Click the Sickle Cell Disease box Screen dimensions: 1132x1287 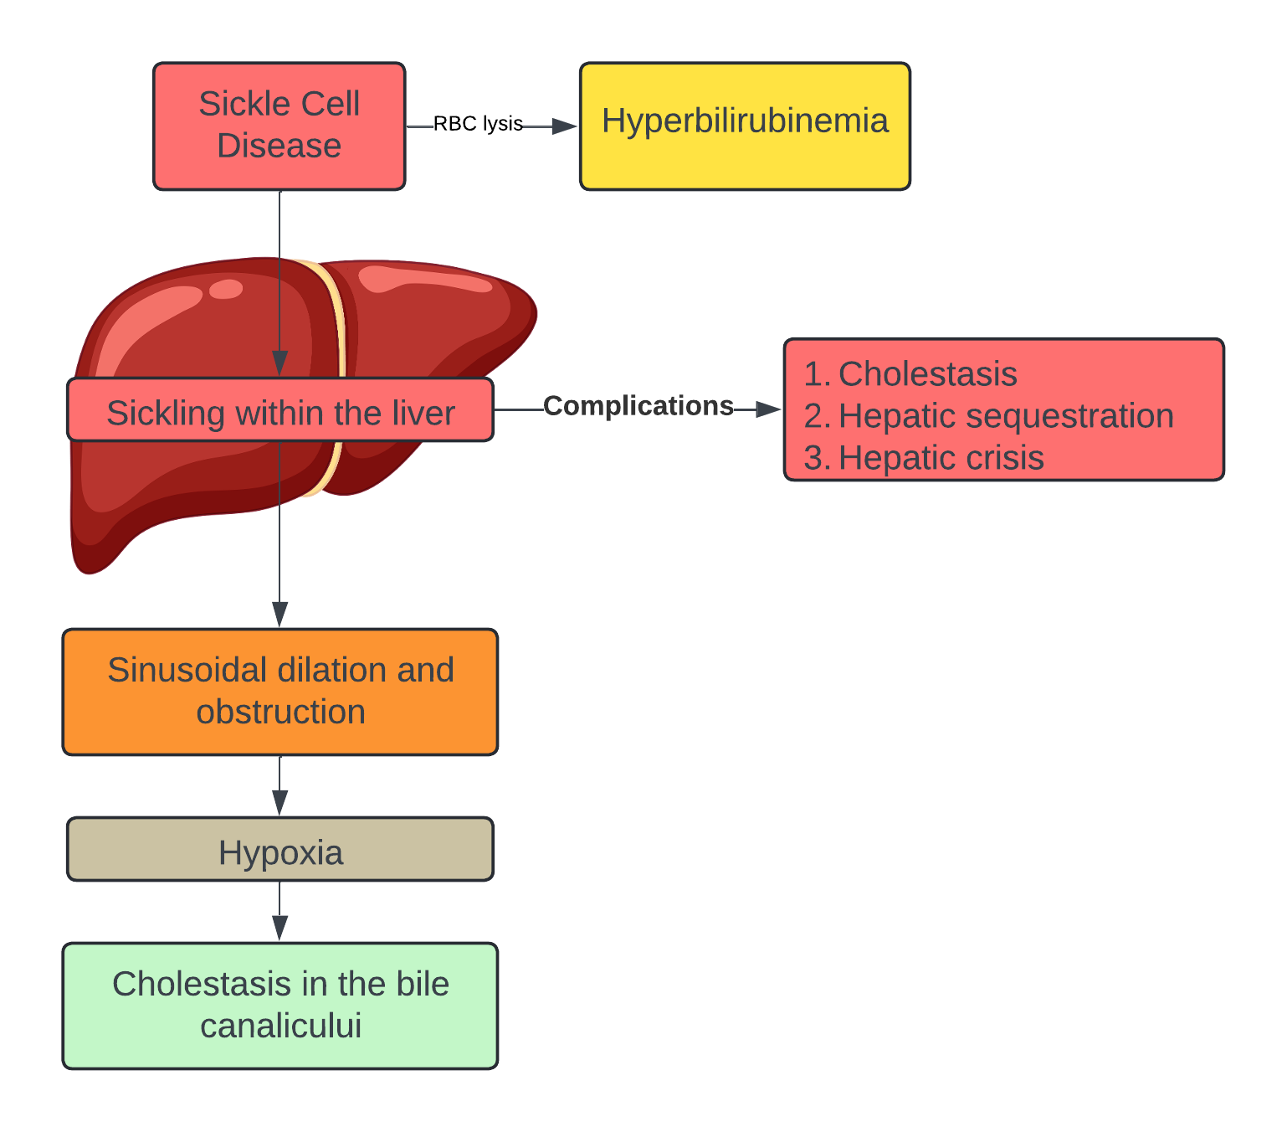coord(279,126)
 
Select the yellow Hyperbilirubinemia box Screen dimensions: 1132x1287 coord(745,126)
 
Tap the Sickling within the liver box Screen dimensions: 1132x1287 coord(280,410)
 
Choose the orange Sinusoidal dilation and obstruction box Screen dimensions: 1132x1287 coord(280,692)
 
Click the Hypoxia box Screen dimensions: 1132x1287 coord(280,850)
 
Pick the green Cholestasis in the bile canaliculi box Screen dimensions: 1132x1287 coord(280,1006)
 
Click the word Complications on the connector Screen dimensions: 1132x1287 coord(638,406)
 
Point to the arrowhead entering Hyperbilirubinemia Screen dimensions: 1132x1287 coord(565,126)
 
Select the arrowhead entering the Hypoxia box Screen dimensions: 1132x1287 coord(280,802)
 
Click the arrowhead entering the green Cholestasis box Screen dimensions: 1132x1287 coord(280,928)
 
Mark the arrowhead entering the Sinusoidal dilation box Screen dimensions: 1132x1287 coord(280,614)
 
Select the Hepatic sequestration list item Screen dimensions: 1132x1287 coord(989,416)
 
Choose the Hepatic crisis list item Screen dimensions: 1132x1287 coord(924,458)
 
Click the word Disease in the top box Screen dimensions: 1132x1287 coord(279,146)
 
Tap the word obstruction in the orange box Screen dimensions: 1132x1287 coord(280,713)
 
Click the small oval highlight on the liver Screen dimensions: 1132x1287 coord(226,290)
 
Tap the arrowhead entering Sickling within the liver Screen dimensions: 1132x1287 coord(280,363)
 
